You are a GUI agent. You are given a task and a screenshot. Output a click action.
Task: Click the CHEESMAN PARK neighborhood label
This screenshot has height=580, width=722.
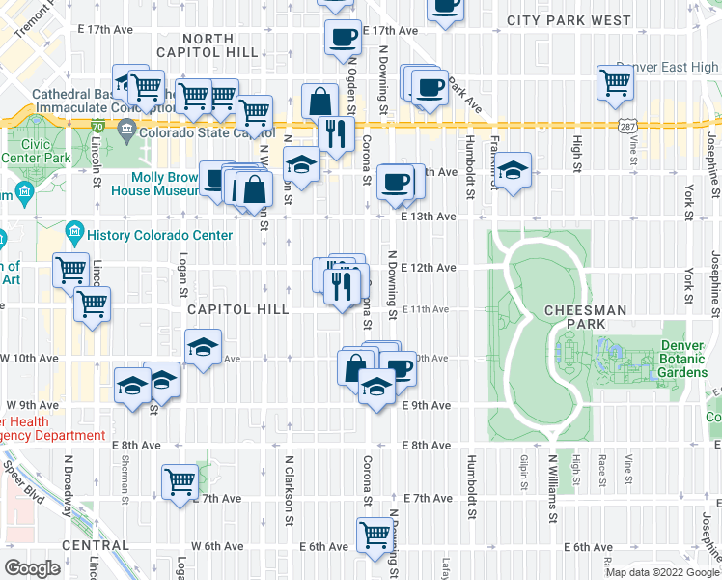585,309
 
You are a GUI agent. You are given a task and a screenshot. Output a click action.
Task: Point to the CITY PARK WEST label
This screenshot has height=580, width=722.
569,19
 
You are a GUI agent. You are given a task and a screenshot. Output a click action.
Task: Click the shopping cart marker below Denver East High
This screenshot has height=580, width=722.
614,83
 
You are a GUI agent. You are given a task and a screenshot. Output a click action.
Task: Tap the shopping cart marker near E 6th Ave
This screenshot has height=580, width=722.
375,534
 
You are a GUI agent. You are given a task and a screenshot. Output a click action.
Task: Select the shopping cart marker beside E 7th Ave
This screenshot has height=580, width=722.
180,481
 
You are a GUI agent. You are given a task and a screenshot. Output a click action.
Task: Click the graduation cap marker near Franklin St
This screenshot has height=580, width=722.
514,169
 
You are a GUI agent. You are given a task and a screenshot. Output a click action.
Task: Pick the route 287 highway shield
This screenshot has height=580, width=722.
627,127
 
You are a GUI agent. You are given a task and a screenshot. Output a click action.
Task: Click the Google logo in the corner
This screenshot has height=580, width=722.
33,568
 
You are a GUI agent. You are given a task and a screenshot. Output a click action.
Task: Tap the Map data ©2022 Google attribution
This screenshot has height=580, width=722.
661,571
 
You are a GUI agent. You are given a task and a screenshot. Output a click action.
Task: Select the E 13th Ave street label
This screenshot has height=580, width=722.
428,217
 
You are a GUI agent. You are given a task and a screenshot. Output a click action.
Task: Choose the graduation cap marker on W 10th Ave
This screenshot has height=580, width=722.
203,348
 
